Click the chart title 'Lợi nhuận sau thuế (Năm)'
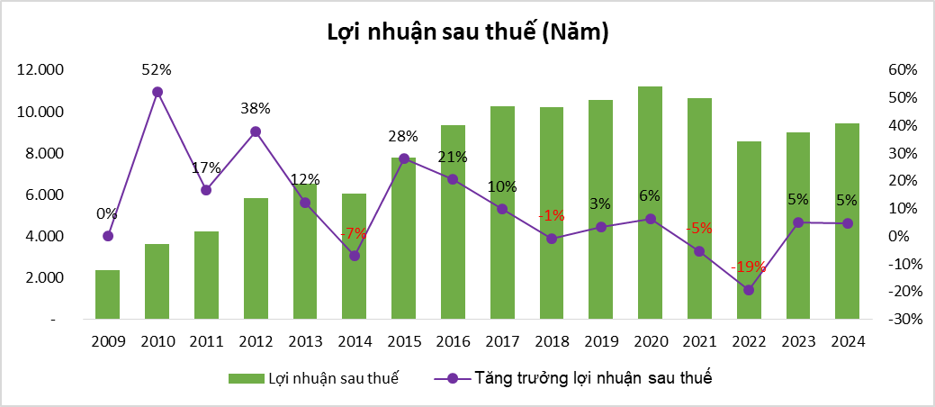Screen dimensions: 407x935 [x=467, y=33]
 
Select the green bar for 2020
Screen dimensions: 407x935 [x=650, y=203]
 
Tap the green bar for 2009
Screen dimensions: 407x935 [x=108, y=294]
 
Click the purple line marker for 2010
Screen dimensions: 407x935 [x=157, y=92]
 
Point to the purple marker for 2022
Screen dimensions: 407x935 [x=749, y=290]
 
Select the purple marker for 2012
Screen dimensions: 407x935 [x=256, y=131]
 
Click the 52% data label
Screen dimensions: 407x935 [x=157, y=69]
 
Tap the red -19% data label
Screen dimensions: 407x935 [x=749, y=267]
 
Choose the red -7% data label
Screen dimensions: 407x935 [x=354, y=233]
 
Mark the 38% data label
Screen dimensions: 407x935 [x=256, y=109]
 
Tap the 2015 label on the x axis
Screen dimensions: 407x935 [x=403, y=342]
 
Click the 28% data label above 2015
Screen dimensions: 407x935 [x=403, y=137]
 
